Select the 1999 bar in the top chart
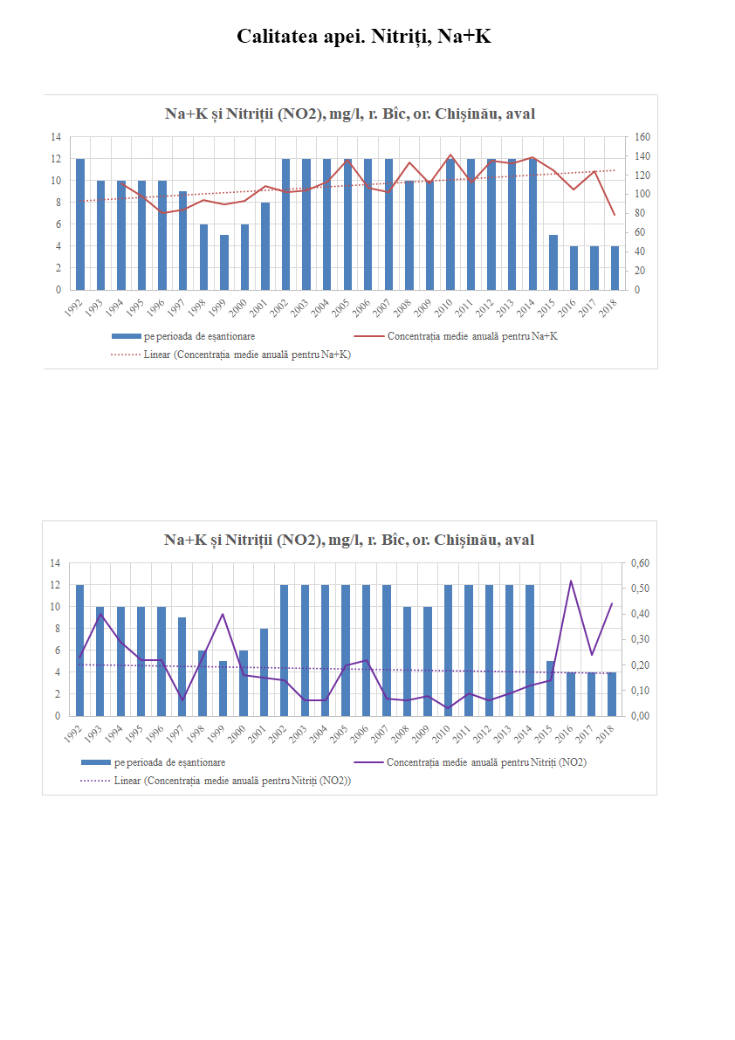(x=224, y=262)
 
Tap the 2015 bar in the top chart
(x=553, y=262)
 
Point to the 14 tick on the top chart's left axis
(x=57, y=137)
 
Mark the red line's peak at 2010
(x=450, y=155)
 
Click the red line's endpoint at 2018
(x=615, y=215)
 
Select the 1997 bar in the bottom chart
(x=182, y=667)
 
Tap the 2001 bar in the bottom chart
(x=264, y=672)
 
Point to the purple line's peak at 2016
(x=571, y=581)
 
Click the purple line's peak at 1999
(x=223, y=614)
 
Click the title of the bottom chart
(x=349, y=541)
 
